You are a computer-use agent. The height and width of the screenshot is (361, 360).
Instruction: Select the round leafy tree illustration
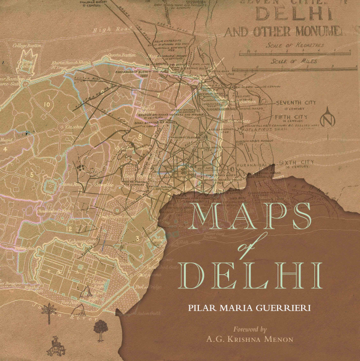[x=99, y=328]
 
